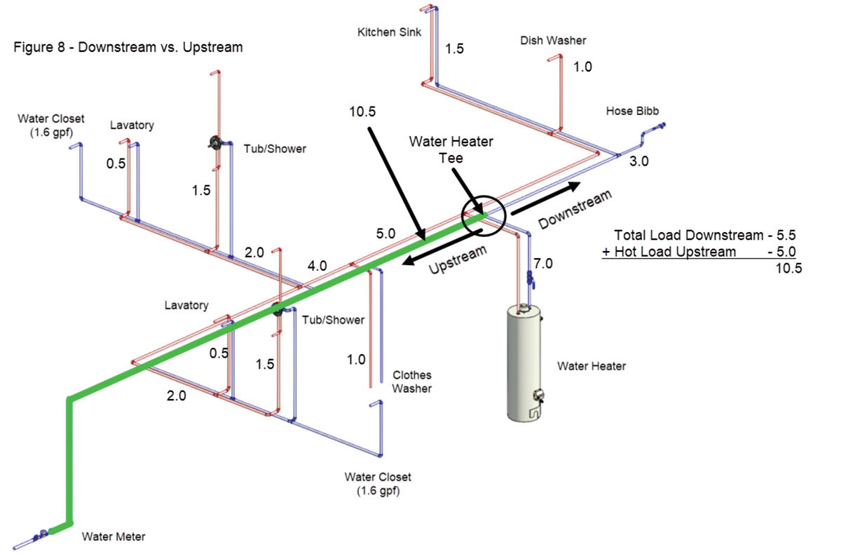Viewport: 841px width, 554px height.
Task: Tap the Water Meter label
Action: click(x=114, y=537)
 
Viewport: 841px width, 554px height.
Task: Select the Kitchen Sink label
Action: click(x=390, y=32)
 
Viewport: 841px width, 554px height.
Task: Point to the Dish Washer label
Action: click(x=553, y=41)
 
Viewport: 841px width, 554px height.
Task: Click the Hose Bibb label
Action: click(x=633, y=112)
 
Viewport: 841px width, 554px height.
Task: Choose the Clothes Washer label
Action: click(x=411, y=381)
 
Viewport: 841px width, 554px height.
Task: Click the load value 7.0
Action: click(x=543, y=264)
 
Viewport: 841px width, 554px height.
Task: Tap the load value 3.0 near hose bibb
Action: click(x=638, y=161)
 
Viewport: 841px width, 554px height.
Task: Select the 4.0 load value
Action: click(x=317, y=266)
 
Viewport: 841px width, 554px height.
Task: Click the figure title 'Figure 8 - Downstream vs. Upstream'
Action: click(x=128, y=48)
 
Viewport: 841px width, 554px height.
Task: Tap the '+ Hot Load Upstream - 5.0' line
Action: click(x=699, y=251)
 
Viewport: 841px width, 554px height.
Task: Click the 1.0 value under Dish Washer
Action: click(x=582, y=67)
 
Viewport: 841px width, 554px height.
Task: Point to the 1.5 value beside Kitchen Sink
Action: click(x=455, y=49)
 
